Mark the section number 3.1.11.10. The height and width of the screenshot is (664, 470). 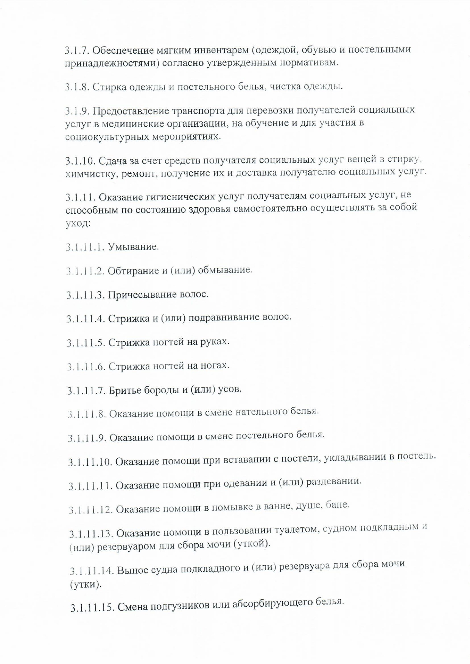(90, 462)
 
